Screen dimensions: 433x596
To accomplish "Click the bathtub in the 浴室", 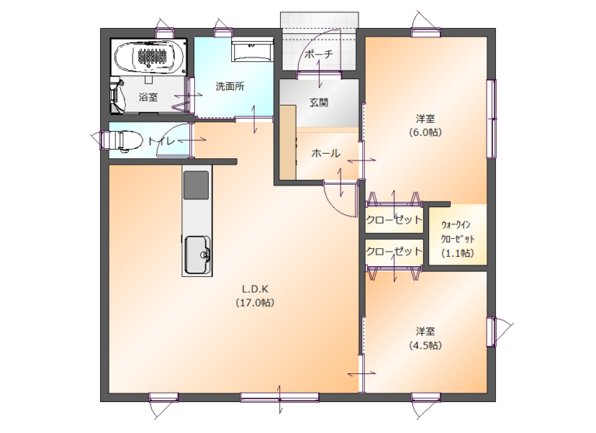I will click(151, 56).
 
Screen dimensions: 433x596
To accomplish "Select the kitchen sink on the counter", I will click(197, 253).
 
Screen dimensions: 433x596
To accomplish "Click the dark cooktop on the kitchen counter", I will click(196, 185).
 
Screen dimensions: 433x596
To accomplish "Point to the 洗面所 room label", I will click(230, 87).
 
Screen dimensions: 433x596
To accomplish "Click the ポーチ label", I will click(318, 54).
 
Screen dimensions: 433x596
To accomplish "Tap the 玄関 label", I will click(318, 102).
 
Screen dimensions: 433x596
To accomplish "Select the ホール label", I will click(326, 154).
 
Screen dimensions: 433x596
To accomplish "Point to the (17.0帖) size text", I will click(255, 303).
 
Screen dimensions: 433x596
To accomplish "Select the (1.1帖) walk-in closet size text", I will click(456, 253).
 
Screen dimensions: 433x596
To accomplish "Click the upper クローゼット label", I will click(393, 219).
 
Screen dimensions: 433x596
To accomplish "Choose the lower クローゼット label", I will click(393, 251).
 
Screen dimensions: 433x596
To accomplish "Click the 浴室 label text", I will click(148, 98).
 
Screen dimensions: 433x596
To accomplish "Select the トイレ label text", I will click(161, 141).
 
